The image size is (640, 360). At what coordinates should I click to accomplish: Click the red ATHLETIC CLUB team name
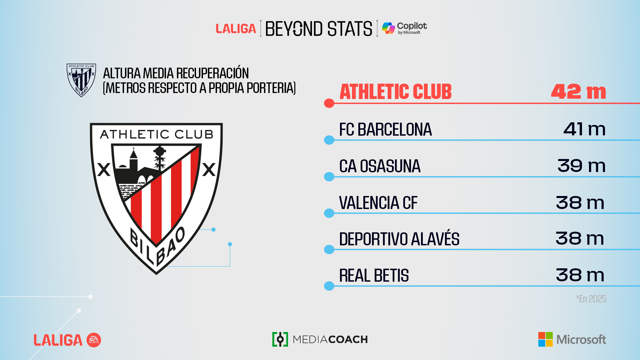point(396,92)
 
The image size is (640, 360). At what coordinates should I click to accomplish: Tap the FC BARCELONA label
point(385,129)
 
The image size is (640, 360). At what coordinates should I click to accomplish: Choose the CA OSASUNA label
point(380,166)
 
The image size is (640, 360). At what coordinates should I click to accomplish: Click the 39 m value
point(581,166)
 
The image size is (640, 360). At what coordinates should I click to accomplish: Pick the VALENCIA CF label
point(378,203)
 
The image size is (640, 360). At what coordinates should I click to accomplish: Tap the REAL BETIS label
point(374,276)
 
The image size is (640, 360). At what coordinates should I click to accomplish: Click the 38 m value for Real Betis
point(580,275)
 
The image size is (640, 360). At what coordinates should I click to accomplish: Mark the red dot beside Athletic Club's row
point(329,103)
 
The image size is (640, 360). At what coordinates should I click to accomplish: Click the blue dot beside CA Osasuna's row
point(329,177)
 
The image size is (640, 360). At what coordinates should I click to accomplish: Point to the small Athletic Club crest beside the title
point(81,80)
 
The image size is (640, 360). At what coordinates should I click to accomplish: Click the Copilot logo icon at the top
point(388,28)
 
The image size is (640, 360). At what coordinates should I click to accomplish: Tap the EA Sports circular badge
point(94,340)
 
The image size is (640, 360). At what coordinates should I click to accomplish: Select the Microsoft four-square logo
point(545,339)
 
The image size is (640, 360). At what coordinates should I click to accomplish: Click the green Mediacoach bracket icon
point(280,339)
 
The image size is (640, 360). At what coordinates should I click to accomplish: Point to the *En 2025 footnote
point(591,299)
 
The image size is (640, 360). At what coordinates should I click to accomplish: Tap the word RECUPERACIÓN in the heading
point(212,73)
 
